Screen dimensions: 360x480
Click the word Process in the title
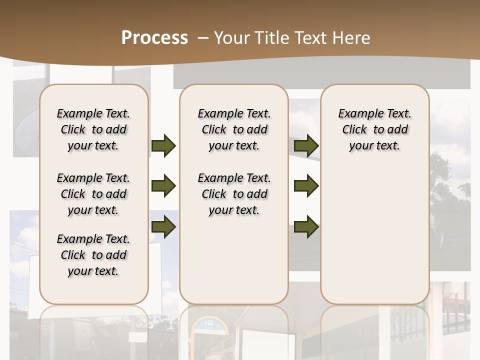(154, 37)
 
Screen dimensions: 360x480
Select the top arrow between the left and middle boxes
(163, 145)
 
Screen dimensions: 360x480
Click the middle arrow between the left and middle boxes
(163, 186)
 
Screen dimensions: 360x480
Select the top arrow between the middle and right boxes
(306, 145)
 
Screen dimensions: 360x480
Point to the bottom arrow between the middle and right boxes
(306, 226)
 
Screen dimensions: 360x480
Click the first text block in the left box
(93, 129)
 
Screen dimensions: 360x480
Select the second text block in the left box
(93, 194)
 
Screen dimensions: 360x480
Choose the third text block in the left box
(93, 255)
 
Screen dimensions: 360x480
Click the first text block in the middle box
(234, 129)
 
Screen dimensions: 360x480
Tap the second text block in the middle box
(234, 194)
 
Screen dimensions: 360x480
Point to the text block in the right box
(374, 129)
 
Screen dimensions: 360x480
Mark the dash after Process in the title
(203, 37)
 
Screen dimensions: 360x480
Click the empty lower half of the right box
(374, 235)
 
